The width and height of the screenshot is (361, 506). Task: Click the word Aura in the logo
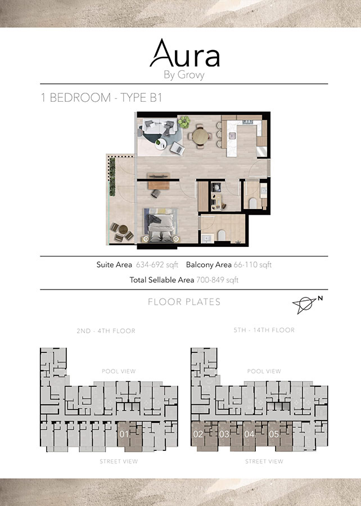click(x=184, y=55)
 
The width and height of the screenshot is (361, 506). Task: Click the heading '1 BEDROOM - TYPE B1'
click(x=102, y=97)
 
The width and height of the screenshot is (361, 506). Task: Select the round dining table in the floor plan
click(x=199, y=137)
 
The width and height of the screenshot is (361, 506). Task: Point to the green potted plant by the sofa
click(x=183, y=121)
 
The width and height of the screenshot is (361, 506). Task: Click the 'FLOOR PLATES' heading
click(x=184, y=302)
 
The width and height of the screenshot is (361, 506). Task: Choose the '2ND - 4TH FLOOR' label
click(x=107, y=331)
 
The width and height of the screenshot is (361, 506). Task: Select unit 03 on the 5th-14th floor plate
click(x=224, y=434)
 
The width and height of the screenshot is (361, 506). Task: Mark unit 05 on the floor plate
click(x=274, y=434)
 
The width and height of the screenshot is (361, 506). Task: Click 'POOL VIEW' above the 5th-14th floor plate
click(x=264, y=371)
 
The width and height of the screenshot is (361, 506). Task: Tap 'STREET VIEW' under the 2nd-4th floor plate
click(x=119, y=461)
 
